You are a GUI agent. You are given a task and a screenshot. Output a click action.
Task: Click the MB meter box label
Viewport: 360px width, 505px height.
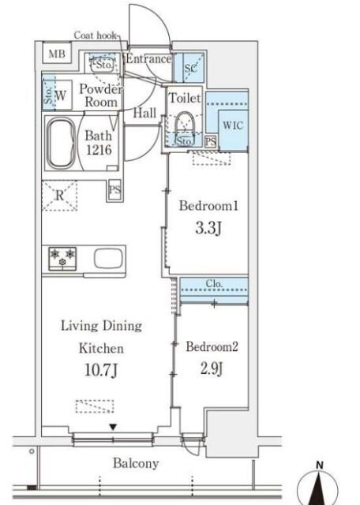click(x=57, y=54)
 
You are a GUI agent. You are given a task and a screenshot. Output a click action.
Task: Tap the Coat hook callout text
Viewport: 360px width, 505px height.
click(x=96, y=35)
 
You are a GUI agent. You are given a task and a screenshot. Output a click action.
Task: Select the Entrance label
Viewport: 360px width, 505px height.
click(x=148, y=58)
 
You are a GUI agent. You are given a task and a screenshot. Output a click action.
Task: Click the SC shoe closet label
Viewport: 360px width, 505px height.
click(x=190, y=69)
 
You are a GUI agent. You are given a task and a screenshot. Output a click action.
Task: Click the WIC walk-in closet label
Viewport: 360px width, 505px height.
click(x=233, y=125)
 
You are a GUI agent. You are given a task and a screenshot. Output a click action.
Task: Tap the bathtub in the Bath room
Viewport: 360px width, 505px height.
click(x=62, y=143)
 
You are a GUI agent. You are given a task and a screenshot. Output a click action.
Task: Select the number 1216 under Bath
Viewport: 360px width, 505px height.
click(x=99, y=150)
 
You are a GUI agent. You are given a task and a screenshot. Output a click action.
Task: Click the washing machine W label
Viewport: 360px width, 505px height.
click(x=61, y=95)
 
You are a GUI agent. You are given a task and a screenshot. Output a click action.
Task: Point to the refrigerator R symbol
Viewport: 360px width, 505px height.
click(x=60, y=196)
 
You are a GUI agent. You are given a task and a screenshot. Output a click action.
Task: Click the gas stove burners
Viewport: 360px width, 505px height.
click(x=62, y=258)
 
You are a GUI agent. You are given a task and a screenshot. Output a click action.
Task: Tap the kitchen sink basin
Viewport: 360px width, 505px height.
click(x=108, y=258)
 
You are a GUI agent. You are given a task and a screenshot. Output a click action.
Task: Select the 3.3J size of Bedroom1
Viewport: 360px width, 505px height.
click(x=208, y=228)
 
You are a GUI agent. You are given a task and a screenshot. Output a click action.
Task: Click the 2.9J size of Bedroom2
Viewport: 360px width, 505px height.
click(x=212, y=368)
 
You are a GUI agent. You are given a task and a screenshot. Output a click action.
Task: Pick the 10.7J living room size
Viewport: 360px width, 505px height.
click(x=101, y=370)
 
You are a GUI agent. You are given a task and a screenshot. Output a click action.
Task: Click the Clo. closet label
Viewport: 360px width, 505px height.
click(x=214, y=284)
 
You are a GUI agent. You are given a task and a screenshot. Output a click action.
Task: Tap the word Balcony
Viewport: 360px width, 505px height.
click(x=136, y=463)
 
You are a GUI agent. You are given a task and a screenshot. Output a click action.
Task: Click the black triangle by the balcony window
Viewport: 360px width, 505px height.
click(x=113, y=428)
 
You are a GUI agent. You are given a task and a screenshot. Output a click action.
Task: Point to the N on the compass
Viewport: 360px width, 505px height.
click(x=320, y=465)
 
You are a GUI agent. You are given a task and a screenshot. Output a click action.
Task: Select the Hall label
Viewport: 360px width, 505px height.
click(x=145, y=113)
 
